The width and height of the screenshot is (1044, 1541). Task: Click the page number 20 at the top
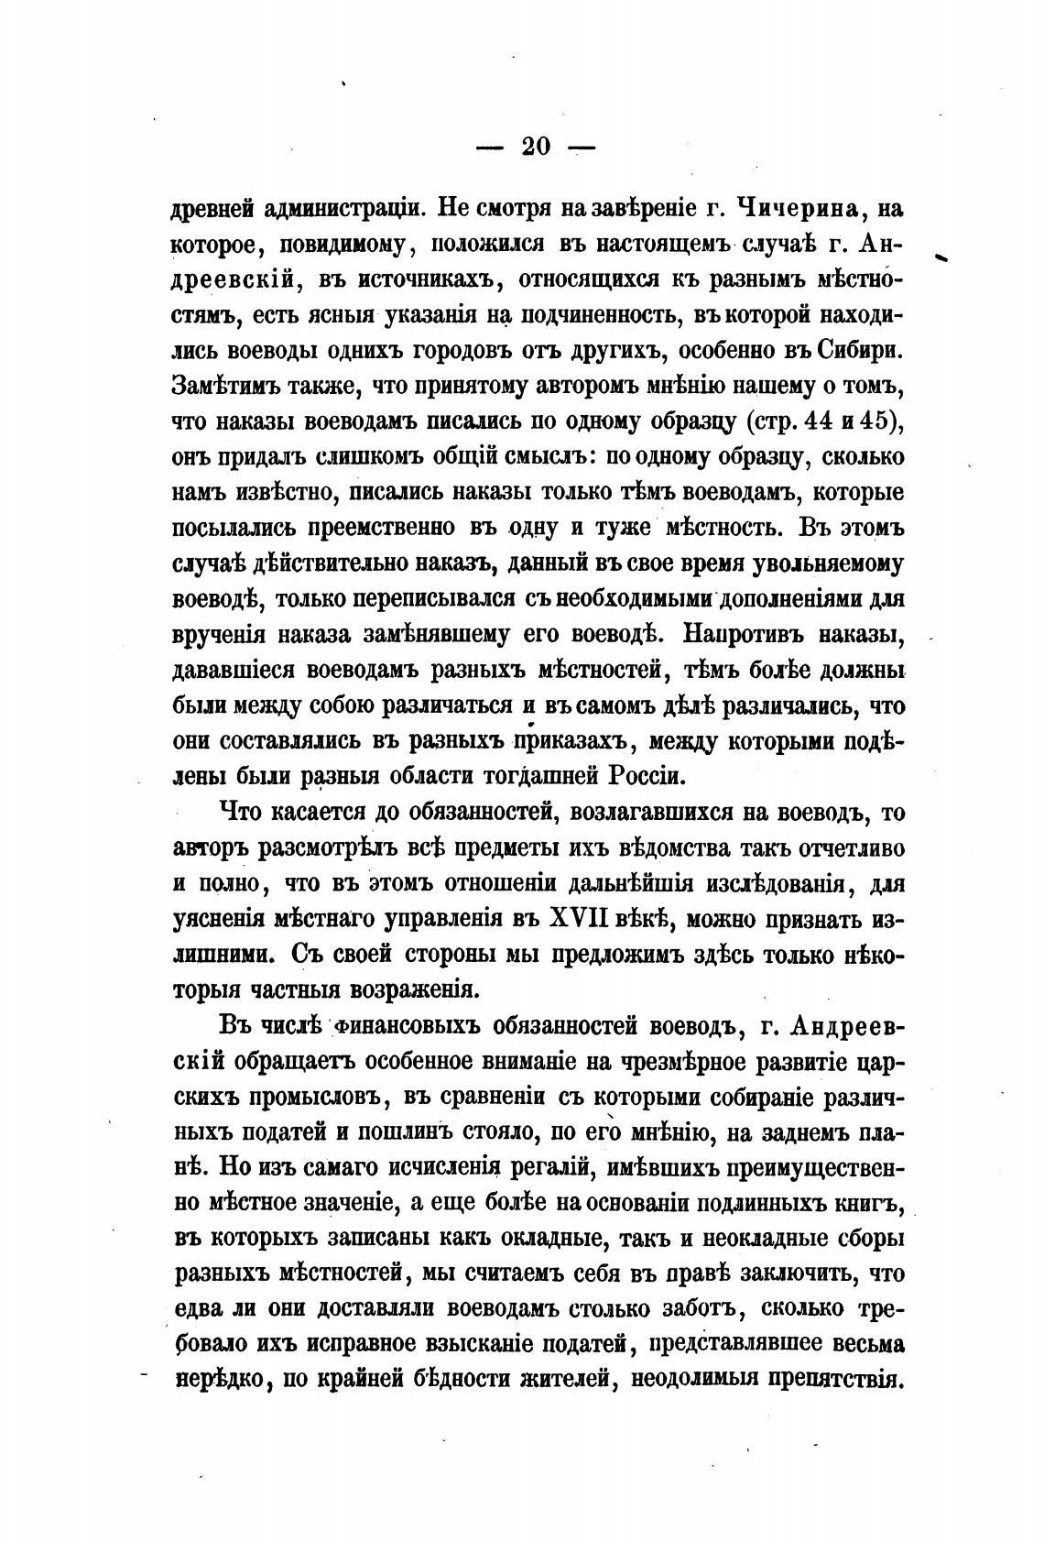coord(535,148)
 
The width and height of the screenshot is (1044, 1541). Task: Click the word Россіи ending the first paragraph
coord(646,777)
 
